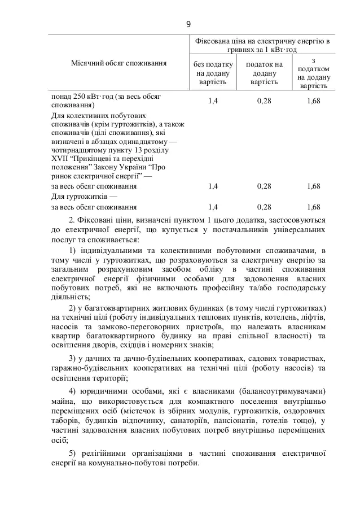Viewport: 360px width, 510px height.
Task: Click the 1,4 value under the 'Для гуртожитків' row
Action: (213, 207)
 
